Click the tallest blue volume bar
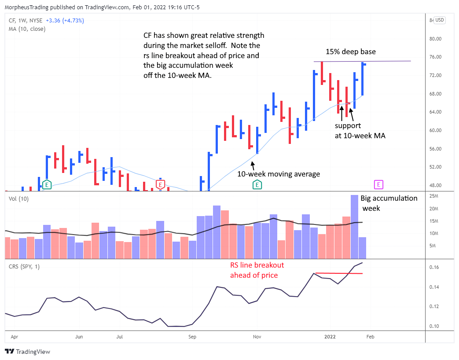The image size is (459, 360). click(x=354, y=227)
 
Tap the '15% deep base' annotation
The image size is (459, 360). click(x=350, y=52)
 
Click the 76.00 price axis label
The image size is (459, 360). click(x=435, y=57)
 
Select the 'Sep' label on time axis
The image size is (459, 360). click(x=192, y=337)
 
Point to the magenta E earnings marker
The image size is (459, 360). click(x=378, y=184)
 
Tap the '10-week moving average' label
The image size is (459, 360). click(x=279, y=174)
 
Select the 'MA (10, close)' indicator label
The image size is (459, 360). click(x=27, y=29)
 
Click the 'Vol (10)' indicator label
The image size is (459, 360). click(x=18, y=199)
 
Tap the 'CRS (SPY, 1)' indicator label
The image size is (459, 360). click(x=24, y=267)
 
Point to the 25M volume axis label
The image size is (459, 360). click(x=435, y=196)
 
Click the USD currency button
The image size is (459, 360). click(x=440, y=20)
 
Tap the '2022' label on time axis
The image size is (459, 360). click(x=330, y=337)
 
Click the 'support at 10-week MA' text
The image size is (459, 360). click(x=360, y=131)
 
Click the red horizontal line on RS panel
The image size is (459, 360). click(x=339, y=274)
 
